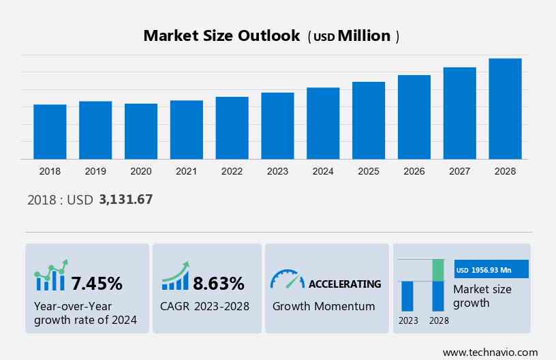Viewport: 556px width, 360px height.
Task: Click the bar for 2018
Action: coord(50,132)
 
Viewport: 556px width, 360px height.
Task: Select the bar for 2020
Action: coord(141,131)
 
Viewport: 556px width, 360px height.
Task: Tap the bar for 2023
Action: coord(277,125)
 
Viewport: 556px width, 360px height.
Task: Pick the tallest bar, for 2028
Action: coord(505,108)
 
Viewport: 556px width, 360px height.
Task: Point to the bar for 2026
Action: coord(414,117)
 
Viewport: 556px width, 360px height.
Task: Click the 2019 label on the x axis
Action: coord(95,171)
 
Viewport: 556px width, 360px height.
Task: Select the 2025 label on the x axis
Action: coord(369,171)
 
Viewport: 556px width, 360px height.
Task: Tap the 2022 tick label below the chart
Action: coord(232,171)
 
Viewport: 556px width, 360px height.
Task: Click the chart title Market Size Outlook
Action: coord(221,36)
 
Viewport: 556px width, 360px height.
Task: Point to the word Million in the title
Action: coord(365,36)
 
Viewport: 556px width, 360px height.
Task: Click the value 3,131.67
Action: coord(125,200)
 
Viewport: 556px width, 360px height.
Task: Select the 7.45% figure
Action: coord(97,283)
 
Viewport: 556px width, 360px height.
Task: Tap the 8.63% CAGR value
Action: coord(218,283)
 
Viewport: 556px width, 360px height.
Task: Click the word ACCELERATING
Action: coord(345,284)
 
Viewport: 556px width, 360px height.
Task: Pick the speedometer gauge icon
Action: coord(287,279)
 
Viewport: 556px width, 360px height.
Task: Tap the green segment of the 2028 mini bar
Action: coord(438,270)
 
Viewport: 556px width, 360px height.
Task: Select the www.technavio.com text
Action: coord(490,352)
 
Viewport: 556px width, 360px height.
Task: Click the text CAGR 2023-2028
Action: coord(205,306)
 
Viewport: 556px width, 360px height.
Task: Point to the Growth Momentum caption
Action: coord(324,306)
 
